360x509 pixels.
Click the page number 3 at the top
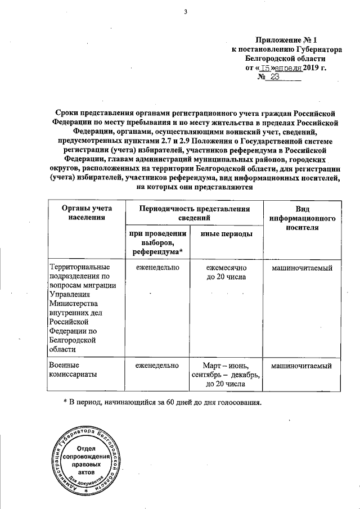pos(184,13)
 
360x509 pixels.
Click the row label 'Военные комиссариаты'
pos(72,370)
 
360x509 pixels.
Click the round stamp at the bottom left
pos(86,459)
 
